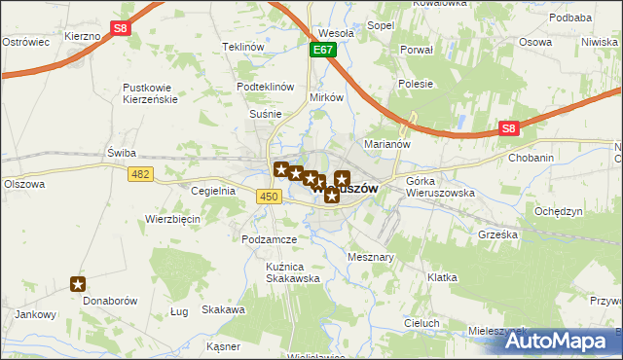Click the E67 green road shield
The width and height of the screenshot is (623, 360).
(324, 49)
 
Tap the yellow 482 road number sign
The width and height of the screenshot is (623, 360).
(140, 173)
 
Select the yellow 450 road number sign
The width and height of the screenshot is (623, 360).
(271, 197)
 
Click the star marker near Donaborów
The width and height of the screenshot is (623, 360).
(79, 284)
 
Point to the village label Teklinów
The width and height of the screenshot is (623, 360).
(243, 47)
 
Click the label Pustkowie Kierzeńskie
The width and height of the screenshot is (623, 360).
(148, 93)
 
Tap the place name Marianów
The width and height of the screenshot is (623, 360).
(363, 145)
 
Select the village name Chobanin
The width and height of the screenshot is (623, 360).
(532, 157)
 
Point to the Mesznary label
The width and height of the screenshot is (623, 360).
(370, 257)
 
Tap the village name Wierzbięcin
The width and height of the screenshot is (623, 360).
(172, 219)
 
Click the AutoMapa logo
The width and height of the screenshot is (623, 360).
(565, 341)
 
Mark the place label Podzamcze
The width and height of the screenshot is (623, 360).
(271, 239)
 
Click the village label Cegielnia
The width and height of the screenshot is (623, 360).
(214, 191)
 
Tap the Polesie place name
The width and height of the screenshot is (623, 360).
(415, 84)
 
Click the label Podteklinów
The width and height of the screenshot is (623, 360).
(266, 87)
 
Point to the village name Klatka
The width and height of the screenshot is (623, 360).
(442, 277)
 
